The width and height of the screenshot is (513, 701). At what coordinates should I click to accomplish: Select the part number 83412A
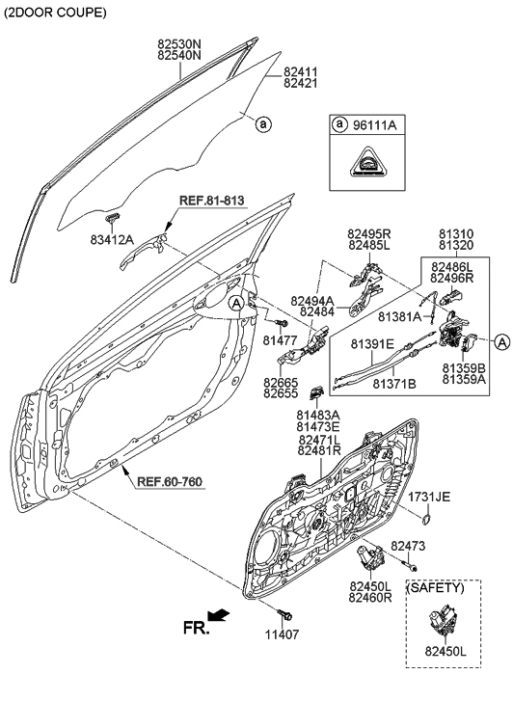coord(112,239)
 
